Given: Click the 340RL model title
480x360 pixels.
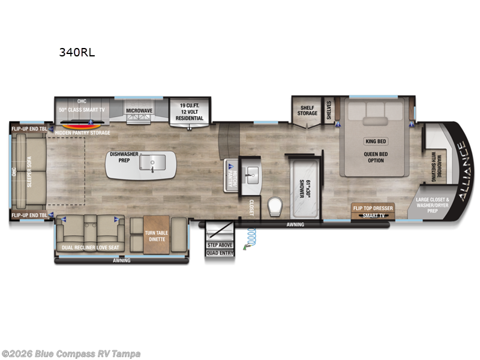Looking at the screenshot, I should [x=76, y=52].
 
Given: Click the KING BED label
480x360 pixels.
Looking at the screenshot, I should [x=375, y=142].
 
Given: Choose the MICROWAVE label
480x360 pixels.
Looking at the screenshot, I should [x=139, y=110].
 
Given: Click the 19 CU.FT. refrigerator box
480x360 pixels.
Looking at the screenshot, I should [x=189, y=110].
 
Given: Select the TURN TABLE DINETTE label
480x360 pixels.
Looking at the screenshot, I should [x=157, y=236].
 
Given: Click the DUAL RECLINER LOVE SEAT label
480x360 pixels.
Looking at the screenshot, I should [x=90, y=247].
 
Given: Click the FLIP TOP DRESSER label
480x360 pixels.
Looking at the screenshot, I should [x=373, y=208].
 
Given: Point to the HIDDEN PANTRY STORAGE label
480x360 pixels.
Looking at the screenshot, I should [x=82, y=132].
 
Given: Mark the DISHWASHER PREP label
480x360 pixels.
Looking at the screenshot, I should [x=124, y=157].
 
